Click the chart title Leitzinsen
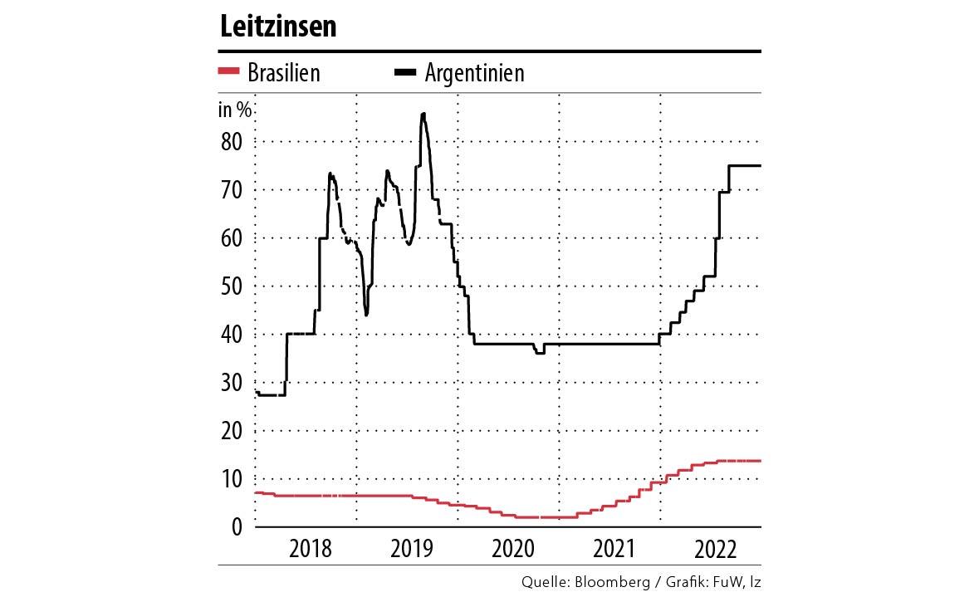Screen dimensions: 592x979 [x=278, y=27]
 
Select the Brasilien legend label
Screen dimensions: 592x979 [x=283, y=73]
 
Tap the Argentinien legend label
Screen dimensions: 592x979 [x=474, y=73]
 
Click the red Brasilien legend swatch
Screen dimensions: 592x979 [x=228, y=72]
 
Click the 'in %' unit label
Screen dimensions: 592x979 [x=236, y=109]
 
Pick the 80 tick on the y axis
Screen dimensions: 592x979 [x=231, y=141]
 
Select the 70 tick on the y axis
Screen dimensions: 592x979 [x=231, y=189]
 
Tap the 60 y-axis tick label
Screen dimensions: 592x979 [x=231, y=237]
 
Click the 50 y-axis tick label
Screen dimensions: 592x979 [x=231, y=286]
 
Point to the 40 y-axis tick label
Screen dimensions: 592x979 [x=231, y=334]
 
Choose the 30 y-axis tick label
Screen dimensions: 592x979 [x=231, y=382]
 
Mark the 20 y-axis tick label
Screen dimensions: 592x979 [x=231, y=430]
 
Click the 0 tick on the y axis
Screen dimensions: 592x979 [x=237, y=526]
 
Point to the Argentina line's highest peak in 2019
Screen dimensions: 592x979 [x=423, y=114]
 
